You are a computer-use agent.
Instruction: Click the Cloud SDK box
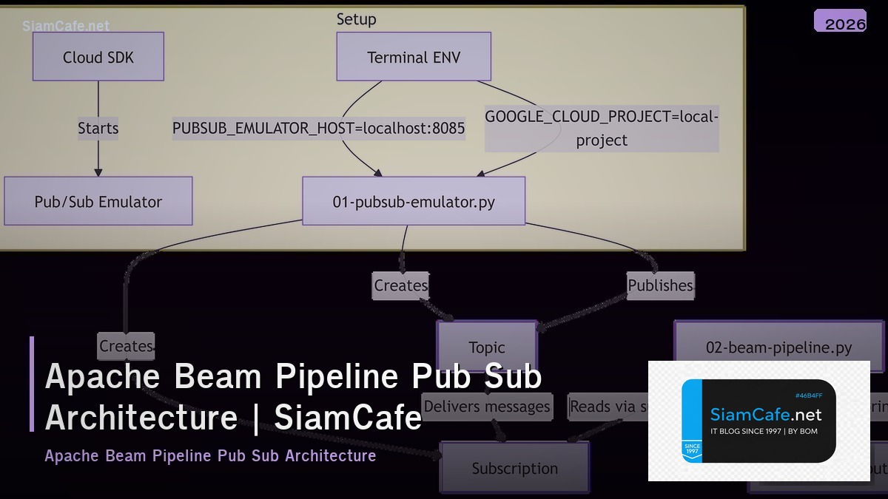pyautogui.click(x=98, y=57)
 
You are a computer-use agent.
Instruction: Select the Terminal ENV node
pyautogui.click(x=414, y=57)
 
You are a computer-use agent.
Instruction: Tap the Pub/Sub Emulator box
pyautogui.click(x=98, y=201)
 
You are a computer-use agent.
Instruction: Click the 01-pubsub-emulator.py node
pyautogui.click(x=414, y=201)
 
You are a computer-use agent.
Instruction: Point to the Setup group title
pyautogui.click(x=356, y=19)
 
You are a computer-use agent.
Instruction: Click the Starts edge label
pyautogui.click(x=98, y=129)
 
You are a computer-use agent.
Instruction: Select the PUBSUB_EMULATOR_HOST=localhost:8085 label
pyautogui.click(x=319, y=129)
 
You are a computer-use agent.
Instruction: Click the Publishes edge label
pyautogui.click(x=660, y=285)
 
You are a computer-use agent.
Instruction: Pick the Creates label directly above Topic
pyautogui.click(x=400, y=285)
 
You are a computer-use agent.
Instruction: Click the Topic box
pyautogui.click(x=487, y=346)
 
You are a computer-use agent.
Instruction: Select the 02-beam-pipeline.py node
pyautogui.click(x=778, y=347)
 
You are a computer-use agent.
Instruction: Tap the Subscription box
pyautogui.click(x=515, y=468)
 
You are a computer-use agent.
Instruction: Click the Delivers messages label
pyautogui.click(x=487, y=406)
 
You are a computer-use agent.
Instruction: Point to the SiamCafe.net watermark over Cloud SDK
pyautogui.click(x=66, y=26)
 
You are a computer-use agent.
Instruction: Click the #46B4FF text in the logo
pyautogui.click(x=809, y=396)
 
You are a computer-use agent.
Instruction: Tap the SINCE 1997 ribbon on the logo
pyautogui.click(x=693, y=449)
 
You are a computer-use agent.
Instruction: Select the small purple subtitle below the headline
pyautogui.click(x=210, y=455)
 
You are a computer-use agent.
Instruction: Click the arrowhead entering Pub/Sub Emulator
pyautogui.click(x=98, y=172)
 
